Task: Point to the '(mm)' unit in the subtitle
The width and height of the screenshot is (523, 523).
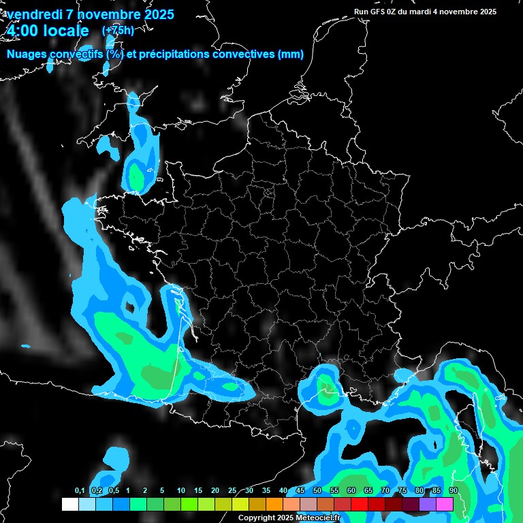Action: click(290, 54)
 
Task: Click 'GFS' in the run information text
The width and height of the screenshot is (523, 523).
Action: click(382, 12)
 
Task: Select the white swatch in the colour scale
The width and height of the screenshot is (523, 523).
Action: click(69, 505)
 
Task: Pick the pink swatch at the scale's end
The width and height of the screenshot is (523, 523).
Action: click(445, 505)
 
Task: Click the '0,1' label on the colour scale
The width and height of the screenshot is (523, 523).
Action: click(80, 491)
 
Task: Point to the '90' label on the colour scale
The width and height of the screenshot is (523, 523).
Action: click(454, 491)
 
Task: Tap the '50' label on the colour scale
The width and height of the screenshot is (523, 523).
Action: click(317, 491)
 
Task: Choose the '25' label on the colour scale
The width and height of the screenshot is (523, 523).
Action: click(232, 491)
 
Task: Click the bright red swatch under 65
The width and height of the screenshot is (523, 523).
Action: click(360, 505)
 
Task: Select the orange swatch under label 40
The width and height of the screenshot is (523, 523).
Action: click(274, 505)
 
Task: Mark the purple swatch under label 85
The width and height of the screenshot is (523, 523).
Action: click(428, 505)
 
